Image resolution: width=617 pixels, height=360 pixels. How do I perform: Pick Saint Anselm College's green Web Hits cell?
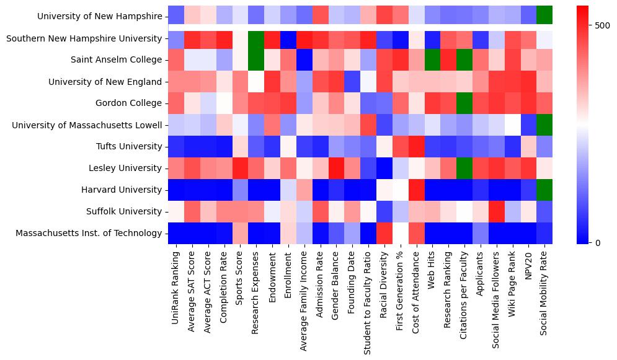click(x=432, y=61)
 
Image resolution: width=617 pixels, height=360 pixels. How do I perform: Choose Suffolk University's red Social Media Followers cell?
click(x=497, y=212)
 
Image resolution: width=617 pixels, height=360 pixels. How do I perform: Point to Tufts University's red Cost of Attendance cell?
click(x=416, y=147)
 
